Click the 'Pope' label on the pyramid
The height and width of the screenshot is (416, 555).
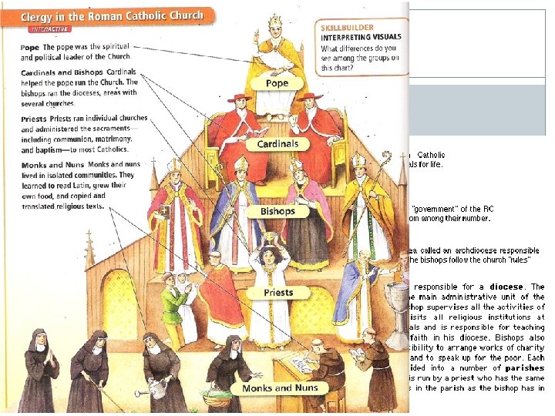point(276,82)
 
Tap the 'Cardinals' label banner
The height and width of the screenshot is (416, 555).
point(277,143)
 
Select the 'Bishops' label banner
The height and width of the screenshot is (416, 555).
point(277,211)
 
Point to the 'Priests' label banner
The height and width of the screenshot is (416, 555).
point(277,293)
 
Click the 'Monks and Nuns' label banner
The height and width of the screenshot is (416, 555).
point(277,387)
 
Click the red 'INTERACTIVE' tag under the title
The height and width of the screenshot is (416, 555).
point(49,29)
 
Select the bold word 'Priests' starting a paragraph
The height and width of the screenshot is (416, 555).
point(35,119)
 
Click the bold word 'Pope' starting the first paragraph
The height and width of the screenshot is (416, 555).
point(30,46)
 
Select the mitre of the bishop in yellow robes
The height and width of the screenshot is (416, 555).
point(359,161)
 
